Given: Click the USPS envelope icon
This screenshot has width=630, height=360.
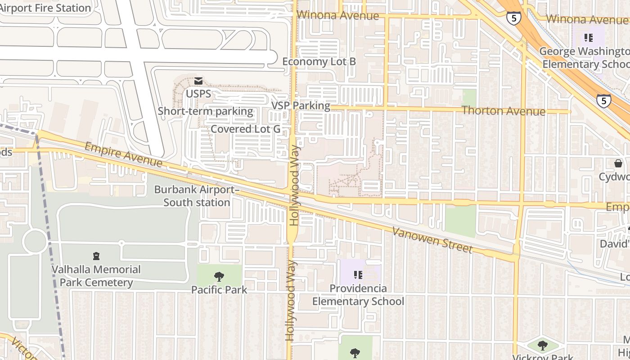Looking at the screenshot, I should click(198, 81).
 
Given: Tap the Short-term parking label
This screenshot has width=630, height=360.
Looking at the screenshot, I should click(205, 111).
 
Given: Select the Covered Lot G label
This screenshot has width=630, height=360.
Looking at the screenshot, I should click(245, 129).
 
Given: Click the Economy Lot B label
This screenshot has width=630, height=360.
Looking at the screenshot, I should click(319, 62).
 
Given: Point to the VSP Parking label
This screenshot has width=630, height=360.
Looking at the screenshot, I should click(301, 106).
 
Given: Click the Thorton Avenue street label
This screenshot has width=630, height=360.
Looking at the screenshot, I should click(503, 111).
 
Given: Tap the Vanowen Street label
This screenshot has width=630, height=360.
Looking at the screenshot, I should click(432, 240).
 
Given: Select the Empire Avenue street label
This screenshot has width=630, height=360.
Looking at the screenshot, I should click(123, 154).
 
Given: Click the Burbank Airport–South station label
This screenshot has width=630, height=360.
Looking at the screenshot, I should click(197, 196).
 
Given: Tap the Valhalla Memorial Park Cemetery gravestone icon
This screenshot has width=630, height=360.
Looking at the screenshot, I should click(96, 256).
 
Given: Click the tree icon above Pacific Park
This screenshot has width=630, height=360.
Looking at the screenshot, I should click(219, 276).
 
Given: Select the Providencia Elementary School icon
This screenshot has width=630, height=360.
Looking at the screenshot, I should click(358, 274).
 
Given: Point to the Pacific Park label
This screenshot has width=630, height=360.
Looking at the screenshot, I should click(219, 289).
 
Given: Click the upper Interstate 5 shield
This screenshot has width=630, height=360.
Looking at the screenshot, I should click(513, 18).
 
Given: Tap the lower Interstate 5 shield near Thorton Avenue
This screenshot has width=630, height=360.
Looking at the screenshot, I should click(603, 100).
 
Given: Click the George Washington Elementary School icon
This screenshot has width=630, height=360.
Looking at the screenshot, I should click(588, 38).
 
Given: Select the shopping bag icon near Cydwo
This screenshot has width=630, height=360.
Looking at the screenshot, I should click(618, 163).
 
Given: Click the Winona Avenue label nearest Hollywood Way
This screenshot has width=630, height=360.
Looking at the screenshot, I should click(338, 16).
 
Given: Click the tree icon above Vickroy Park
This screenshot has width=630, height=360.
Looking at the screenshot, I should click(543, 346).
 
